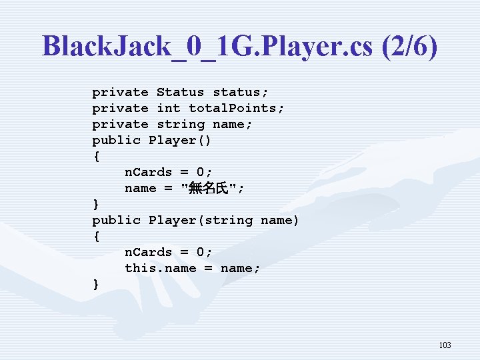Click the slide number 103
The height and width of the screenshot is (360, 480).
[445, 345]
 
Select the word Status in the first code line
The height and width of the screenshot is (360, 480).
[180, 92]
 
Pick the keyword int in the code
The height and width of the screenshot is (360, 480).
[168, 108]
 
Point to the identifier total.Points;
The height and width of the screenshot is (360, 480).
[237, 108]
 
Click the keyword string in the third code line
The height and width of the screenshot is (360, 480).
[180, 124]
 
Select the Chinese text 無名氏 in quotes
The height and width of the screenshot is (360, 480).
[209, 189]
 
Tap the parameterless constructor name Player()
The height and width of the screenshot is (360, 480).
[176, 140]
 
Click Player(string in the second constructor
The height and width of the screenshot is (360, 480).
[200, 220]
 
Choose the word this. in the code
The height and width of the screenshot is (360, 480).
[143, 268]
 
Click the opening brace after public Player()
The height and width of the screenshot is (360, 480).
[96, 156]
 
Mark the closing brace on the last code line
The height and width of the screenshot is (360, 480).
[96, 285]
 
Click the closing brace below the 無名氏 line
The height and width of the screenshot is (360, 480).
[96, 204]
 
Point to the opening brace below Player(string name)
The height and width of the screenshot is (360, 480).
[96, 236]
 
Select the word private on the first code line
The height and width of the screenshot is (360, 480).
[120, 92]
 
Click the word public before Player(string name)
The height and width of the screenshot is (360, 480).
[116, 220]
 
